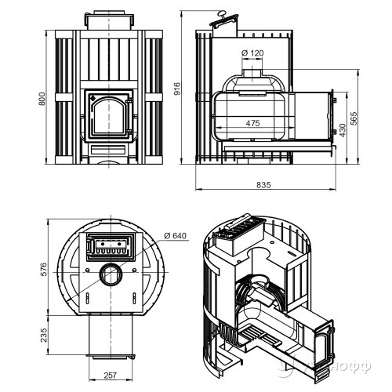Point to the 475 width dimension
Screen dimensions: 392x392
coord(252,123)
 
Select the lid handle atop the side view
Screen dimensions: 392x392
coord(224,14)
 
